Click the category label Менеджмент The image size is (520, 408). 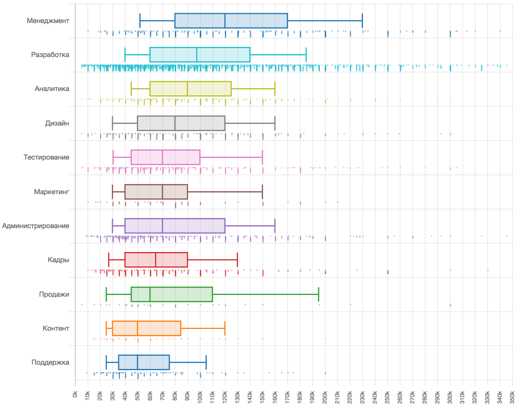pyautogui.click(x=48, y=21)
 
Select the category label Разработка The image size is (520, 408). pyautogui.click(x=50, y=55)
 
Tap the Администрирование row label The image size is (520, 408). pyautogui.click(x=36, y=226)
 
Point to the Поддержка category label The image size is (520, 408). pyautogui.click(x=50, y=363)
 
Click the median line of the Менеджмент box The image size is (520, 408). pyautogui.click(x=225, y=21)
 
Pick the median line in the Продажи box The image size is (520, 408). pyautogui.click(x=150, y=294)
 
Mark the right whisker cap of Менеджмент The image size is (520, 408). pyautogui.click(x=362, y=21)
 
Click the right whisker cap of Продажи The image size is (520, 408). pyautogui.click(x=319, y=294)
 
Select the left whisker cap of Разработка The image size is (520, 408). pyautogui.click(x=125, y=55)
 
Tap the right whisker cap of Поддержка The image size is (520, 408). pyautogui.click(x=206, y=363)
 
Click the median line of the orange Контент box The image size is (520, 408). pyautogui.click(x=138, y=328)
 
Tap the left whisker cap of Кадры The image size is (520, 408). pyautogui.click(x=109, y=260)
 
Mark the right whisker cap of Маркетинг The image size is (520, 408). pyautogui.click(x=263, y=192)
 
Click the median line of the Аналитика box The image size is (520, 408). pyautogui.click(x=188, y=89)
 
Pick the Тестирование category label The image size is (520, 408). pyautogui.click(x=46, y=158)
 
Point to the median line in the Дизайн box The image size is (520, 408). pyautogui.click(x=175, y=123)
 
